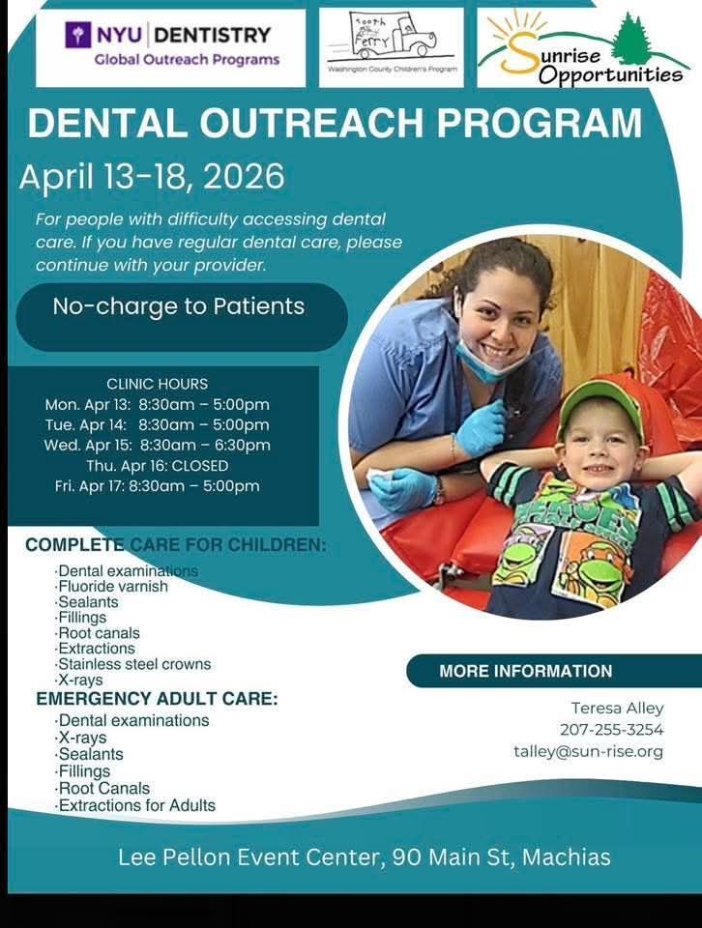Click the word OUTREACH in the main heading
tap(311, 123)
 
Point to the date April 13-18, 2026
tap(152, 176)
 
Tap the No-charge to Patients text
tap(179, 306)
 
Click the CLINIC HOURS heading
tap(158, 384)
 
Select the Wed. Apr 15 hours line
tap(157, 445)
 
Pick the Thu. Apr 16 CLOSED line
tap(158, 466)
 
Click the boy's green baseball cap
tap(600, 406)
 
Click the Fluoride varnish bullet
tap(111, 587)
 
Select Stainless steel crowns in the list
tap(133, 664)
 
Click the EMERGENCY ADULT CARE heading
tap(157, 699)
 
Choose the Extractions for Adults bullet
tap(135, 805)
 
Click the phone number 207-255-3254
tap(612, 730)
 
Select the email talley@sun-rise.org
tap(589, 752)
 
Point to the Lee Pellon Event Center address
tap(364, 857)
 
